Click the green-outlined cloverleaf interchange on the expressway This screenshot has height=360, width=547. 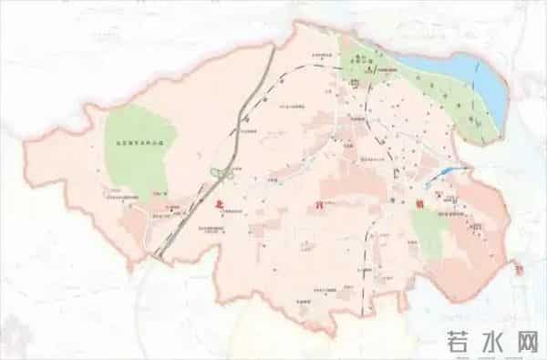(x=216, y=172)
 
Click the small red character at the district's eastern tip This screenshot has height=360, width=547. (x=519, y=269)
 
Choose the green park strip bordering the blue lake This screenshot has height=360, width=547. (x=465, y=109)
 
